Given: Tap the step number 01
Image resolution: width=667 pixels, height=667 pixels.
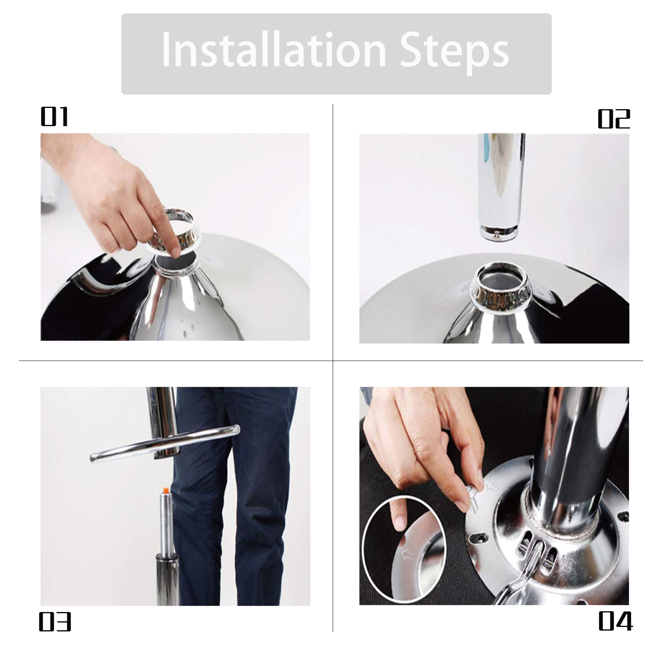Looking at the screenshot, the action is [54, 117].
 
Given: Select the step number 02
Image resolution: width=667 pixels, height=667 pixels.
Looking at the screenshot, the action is [614, 119].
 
